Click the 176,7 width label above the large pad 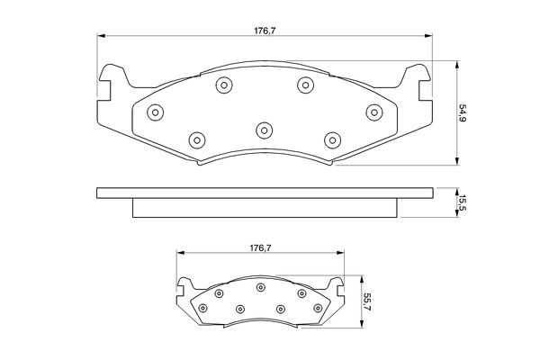coord(265,31)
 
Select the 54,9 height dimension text coord(462,113)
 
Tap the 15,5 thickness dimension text coord(462,202)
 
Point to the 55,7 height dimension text coord(366,301)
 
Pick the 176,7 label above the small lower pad coord(260,247)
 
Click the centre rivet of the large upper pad coord(264,130)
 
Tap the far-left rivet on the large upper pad coord(155,112)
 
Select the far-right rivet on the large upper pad coord(374,112)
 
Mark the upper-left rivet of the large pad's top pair coord(224,85)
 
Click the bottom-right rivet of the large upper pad coord(333,140)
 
